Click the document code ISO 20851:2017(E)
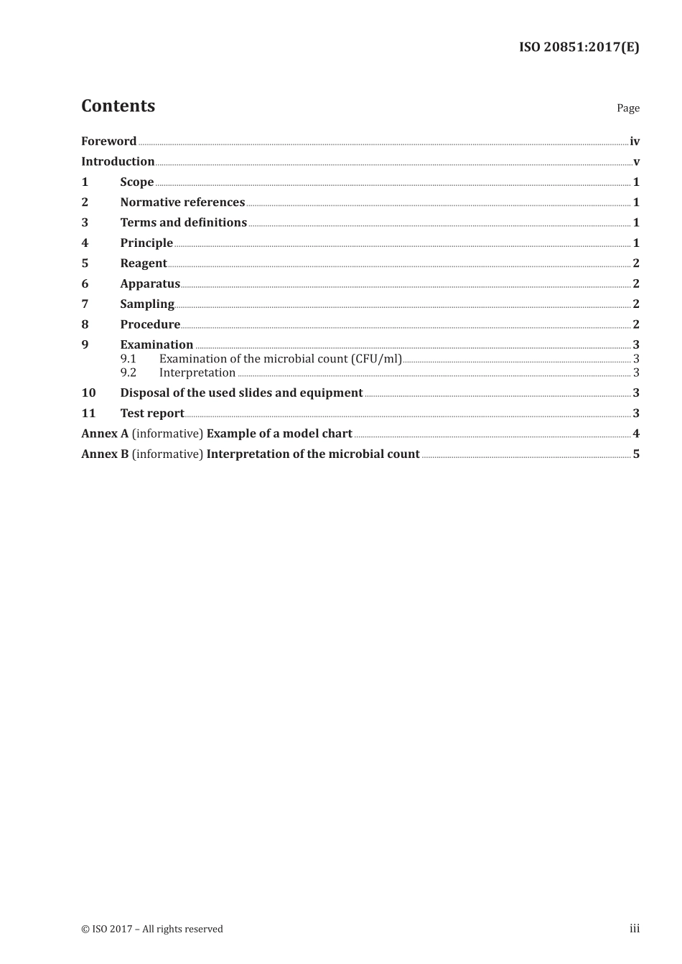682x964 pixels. click(x=579, y=47)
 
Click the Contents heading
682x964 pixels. click(x=118, y=106)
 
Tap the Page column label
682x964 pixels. click(x=627, y=108)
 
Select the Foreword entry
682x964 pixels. click(x=108, y=141)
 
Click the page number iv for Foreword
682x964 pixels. click(x=635, y=141)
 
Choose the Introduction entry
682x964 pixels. click(x=118, y=162)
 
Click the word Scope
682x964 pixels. click(x=136, y=182)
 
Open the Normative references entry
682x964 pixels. click(x=182, y=202)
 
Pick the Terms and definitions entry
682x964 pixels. click(x=183, y=223)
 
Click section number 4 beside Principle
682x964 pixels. click(x=85, y=243)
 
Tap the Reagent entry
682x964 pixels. click(x=143, y=263)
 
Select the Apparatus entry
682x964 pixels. click(x=149, y=284)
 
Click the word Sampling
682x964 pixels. click(x=146, y=304)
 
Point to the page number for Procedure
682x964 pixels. click(x=636, y=324)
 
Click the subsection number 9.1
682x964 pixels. click(x=128, y=359)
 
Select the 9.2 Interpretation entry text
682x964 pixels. click(x=197, y=373)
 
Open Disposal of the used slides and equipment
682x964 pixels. click(x=241, y=393)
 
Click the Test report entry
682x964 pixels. click(x=151, y=413)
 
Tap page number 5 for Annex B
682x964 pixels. click(x=636, y=454)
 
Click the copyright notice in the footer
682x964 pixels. click(x=152, y=929)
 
